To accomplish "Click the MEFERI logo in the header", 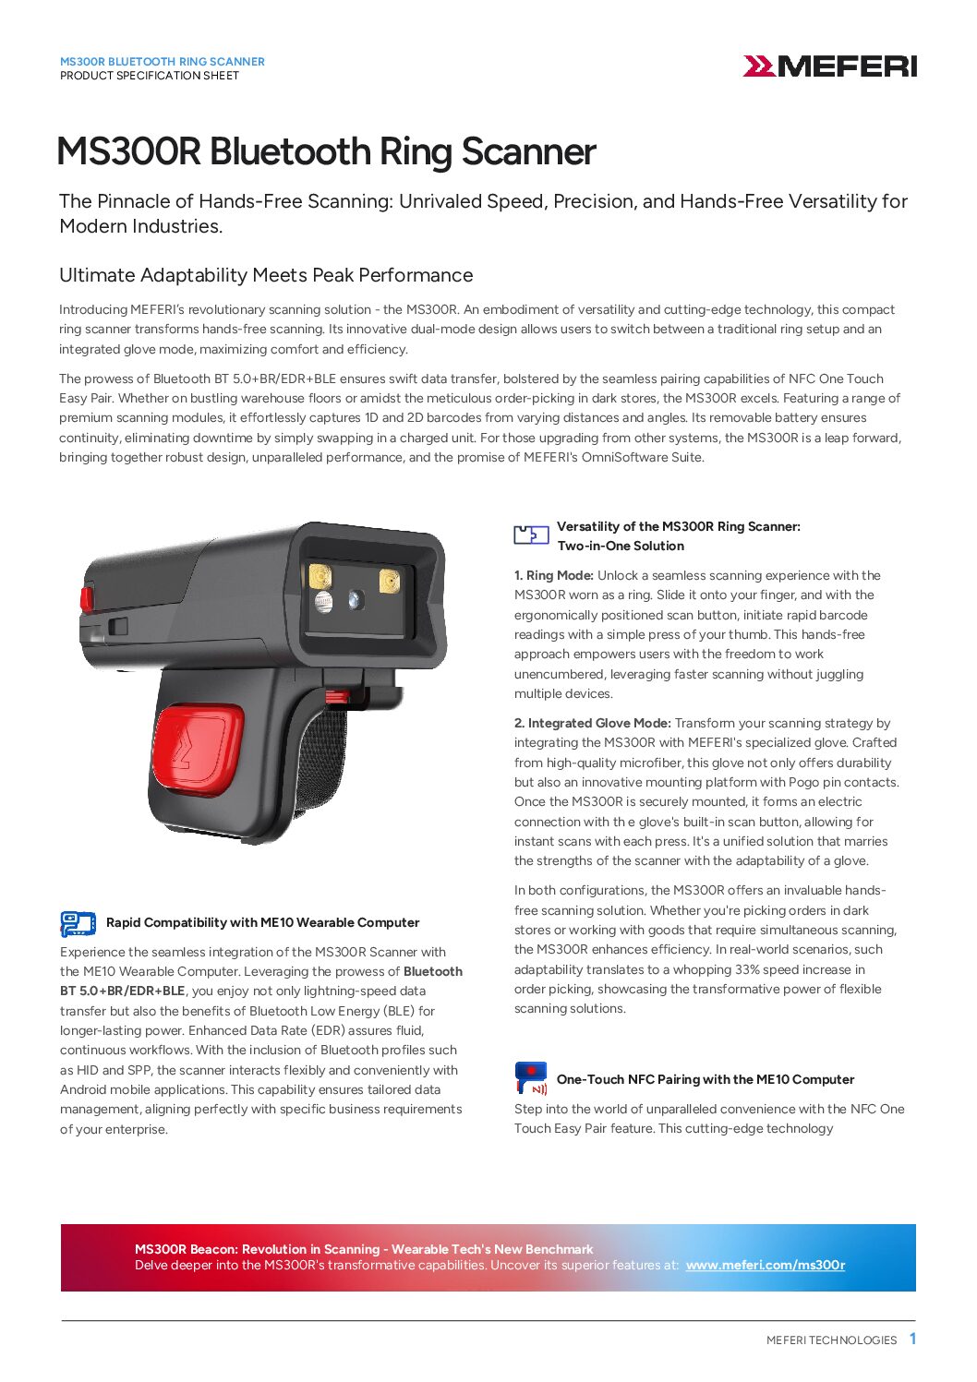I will (x=829, y=66).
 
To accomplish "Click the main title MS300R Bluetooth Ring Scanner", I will (x=326, y=152).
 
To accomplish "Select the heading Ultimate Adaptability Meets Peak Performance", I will (x=266, y=275).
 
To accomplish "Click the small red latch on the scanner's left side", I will (x=87, y=598).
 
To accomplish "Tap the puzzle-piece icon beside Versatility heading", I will (x=531, y=535).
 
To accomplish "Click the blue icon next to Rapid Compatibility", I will (x=78, y=923).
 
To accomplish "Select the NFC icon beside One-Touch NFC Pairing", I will (x=531, y=1078).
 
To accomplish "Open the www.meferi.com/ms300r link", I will (x=765, y=1265).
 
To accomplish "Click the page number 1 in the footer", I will (x=912, y=1339).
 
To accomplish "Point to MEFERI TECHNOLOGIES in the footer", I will (x=831, y=1340).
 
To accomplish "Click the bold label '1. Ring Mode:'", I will (x=554, y=576).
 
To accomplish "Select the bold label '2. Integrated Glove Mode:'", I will (x=592, y=724).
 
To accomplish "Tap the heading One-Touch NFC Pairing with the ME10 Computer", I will (x=706, y=1079).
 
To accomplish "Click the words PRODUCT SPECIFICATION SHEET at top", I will (x=150, y=76).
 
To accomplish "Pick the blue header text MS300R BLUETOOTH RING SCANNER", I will (x=163, y=62).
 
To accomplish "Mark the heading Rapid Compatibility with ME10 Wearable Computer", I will (x=262, y=923).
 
